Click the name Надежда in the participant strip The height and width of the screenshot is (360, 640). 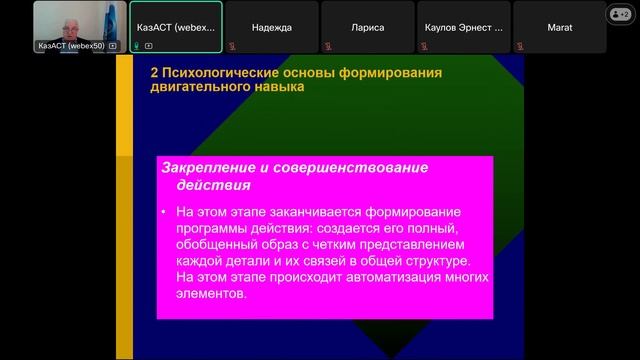click(272, 27)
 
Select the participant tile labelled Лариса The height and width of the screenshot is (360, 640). click(368, 27)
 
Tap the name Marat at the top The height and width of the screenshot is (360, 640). click(560, 27)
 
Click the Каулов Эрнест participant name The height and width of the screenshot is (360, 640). click(464, 27)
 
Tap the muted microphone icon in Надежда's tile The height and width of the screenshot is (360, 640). click(231, 46)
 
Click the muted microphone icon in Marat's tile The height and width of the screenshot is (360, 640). click(519, 46)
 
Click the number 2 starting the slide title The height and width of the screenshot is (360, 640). click(153, 72)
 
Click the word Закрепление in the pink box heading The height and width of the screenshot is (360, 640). click(206, 167)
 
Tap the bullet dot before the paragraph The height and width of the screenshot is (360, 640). click(163, 213)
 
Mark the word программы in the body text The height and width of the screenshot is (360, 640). click(214, 229)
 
